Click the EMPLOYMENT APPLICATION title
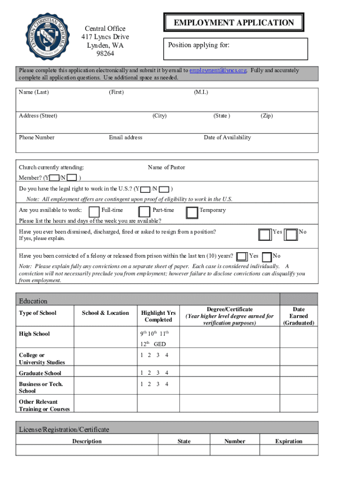234,22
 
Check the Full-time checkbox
94,212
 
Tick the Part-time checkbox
145,212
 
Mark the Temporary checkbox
192,212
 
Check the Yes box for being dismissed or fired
265,234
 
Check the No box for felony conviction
267,257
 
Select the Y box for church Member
54,178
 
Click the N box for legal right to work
164,189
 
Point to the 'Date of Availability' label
227,138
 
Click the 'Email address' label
125,138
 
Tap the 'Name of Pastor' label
166,167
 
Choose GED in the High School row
159,344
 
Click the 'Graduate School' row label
40,373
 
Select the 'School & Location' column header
105,313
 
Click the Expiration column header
288,441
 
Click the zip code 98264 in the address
105,54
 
